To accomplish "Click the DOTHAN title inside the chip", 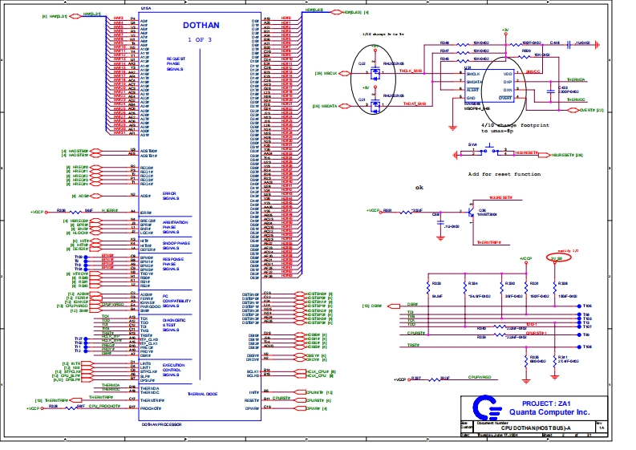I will [x=201, y=25].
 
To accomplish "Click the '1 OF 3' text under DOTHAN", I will [x=200, y=39].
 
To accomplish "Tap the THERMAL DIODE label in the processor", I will [x=202, y=394].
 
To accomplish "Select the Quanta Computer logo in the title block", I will [x=484, y=405].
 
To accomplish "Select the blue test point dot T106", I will [x=578, y=306].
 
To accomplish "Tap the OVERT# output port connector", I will [x=585, y=110].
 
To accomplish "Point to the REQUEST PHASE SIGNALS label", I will [x=176, y=64].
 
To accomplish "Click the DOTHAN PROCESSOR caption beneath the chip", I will [x=160, y=424].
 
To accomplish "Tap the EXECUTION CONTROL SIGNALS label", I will [x=174, y=371].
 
